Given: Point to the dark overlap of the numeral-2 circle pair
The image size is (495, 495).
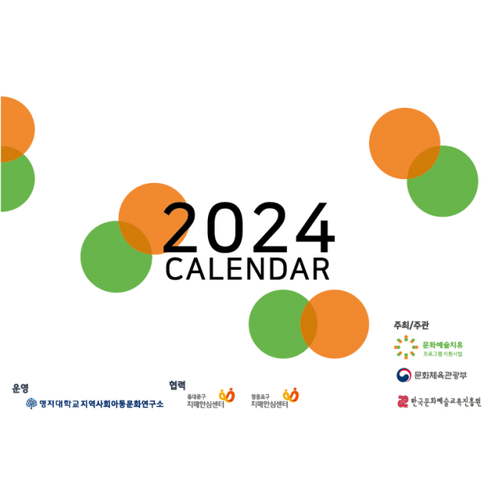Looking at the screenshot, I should [135, 238].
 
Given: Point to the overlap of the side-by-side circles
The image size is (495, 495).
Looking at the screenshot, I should [309, 324].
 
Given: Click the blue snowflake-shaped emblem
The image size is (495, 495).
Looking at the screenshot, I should [31, 403].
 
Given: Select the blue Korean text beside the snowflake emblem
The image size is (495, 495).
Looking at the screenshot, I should [101, 403].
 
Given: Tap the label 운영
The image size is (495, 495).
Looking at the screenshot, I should [21, 388].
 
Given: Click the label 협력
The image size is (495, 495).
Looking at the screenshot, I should [177, 385].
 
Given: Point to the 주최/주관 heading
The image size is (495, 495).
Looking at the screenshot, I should [411, 325].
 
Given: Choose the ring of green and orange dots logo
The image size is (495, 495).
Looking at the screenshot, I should [406, 347].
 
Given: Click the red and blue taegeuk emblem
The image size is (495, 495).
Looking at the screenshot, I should [403, 375].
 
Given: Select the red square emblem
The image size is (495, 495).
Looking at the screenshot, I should [403, 402].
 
